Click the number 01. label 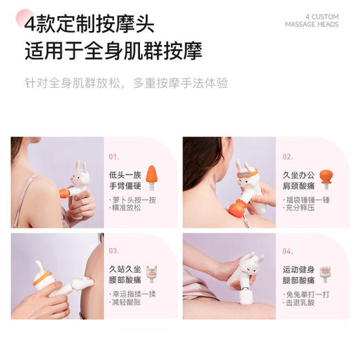[114, 156]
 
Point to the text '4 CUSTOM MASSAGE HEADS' [312, 20]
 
